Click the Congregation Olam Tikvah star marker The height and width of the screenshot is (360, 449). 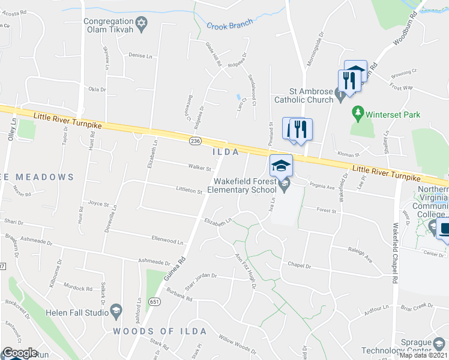tap(141, 25)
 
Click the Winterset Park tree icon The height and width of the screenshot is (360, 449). tap(358, 113)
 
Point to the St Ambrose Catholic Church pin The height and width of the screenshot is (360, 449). tap(340, 94)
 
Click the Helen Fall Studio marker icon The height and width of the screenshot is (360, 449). tap(116, 311)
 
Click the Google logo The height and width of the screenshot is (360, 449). tap(20, 353)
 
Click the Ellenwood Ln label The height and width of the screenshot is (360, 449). tap(167, 241)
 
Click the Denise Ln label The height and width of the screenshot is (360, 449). tap(140, 55)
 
